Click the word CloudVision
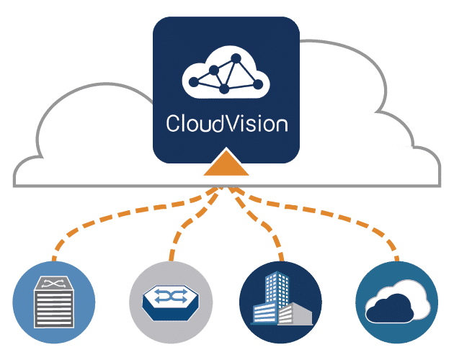pos(227,123)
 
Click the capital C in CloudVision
pos(173,123)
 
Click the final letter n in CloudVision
pos(281,125)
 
